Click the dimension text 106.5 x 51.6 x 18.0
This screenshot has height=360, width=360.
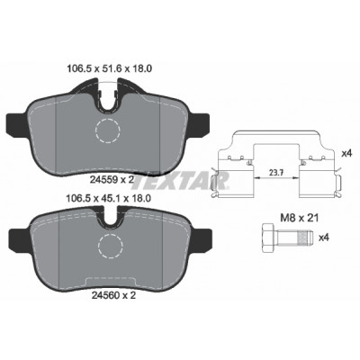[109, 68]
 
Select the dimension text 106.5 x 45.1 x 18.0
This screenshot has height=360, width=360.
[108, 198]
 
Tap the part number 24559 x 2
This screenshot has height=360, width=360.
[112, 180]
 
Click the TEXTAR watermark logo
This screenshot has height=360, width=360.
[181, 181]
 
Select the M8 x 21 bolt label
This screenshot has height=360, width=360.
[299, 218]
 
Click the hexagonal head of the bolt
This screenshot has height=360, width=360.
[269, 238]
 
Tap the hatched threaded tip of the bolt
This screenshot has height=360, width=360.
[304, 238]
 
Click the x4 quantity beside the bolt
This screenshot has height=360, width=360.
[324, 238]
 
